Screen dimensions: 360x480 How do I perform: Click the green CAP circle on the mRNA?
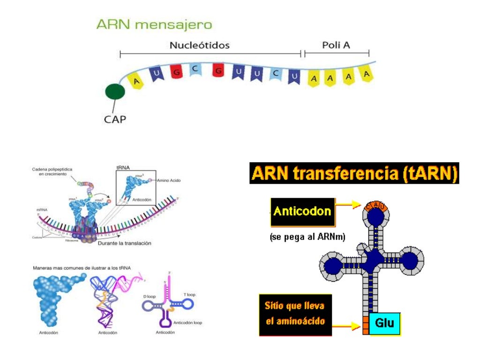pyautogui.click(x=115, y=92)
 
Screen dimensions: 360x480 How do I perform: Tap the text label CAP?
pyautogui.click(x=115, y=119)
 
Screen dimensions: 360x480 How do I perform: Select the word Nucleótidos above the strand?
pyautogui.click(x=199, y=45)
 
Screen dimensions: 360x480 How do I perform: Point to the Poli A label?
pyautogui.click(x=336, y=45)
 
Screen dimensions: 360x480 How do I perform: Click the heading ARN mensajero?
pyautogui.click(x=154, y=25)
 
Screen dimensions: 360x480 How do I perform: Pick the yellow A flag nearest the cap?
pyautogui.click(x=136, y=81)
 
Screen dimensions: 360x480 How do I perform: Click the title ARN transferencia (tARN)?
pyautogui.click(x=354, y=173)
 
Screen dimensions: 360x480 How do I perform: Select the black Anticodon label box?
pyautogui.click(x=302, y=212)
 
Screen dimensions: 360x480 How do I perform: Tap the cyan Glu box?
pyautogui.click(x=384, y=323)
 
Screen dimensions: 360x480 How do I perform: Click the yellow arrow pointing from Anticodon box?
pyautogui.click(x=349, y=205)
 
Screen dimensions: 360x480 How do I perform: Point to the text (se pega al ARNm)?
pyautogui.click(x=307, y=237)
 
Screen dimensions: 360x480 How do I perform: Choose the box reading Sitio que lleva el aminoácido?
pyautogui.click(x=295, y=315)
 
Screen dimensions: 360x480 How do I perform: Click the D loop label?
pyautogui.click(x=149, y=297)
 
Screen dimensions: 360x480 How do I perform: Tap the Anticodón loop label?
pyautogui.click(x=187, y=322)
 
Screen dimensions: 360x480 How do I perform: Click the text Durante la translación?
pyautogui.click(x=124, y=243)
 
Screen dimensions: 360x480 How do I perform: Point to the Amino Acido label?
pyautogui.click(x=169, y=180)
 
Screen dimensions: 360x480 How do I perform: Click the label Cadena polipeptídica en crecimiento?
pyautogui.click(x=52, y=172)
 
